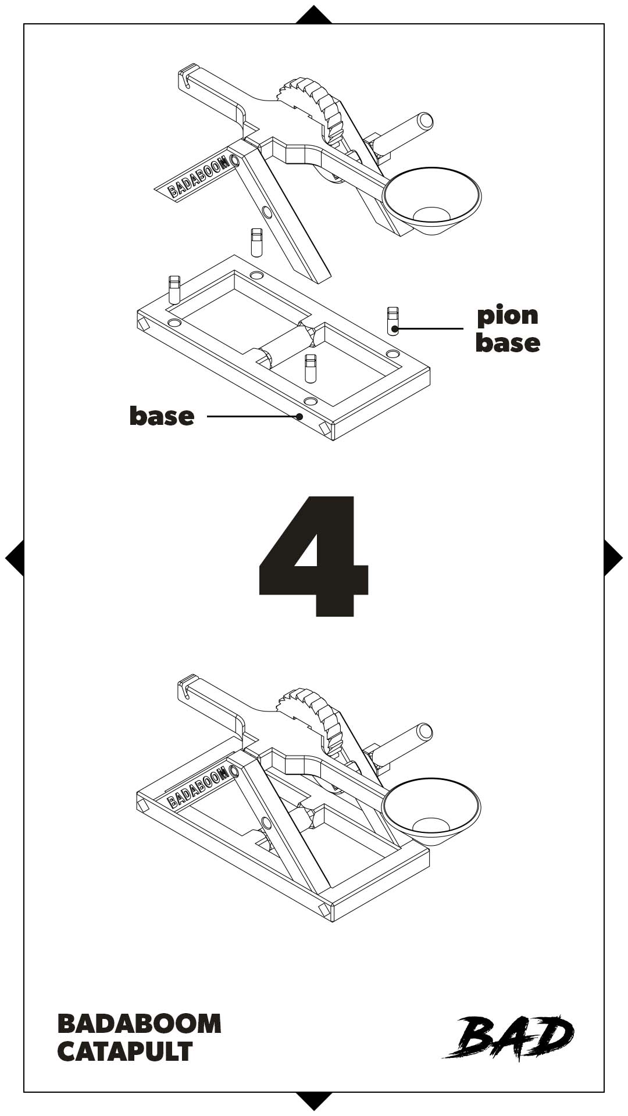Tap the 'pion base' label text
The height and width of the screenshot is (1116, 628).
coord(508,328)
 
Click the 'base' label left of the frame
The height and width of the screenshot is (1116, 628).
coord(162,416)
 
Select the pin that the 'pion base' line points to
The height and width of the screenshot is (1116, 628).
coord(394,320)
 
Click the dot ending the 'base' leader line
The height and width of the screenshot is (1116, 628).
coord(299,416)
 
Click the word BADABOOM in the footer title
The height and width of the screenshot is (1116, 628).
coord(140,1024)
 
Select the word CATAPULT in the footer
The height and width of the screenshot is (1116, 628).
coord(125,1051)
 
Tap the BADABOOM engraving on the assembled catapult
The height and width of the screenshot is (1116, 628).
coord(198,788)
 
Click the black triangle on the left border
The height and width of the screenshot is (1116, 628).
coord(15,558)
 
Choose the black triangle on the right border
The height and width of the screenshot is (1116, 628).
coord(613,558)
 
